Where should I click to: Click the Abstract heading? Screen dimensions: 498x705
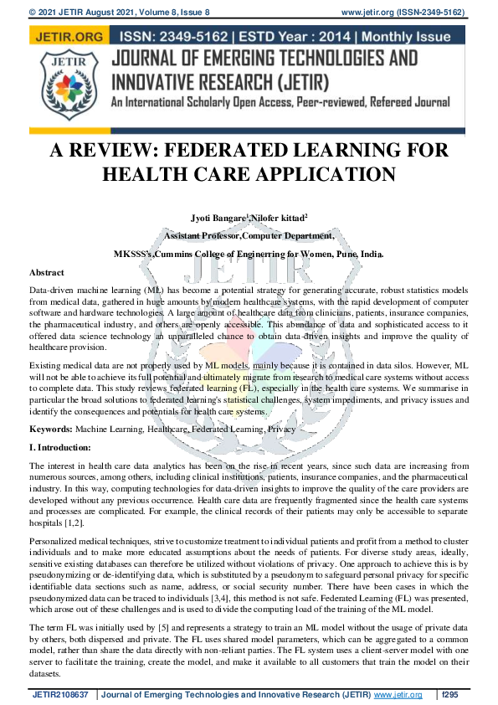pyautogui.click(x=47, y=273)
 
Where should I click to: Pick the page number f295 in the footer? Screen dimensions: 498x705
pyautogui.click(x=450, y=694)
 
